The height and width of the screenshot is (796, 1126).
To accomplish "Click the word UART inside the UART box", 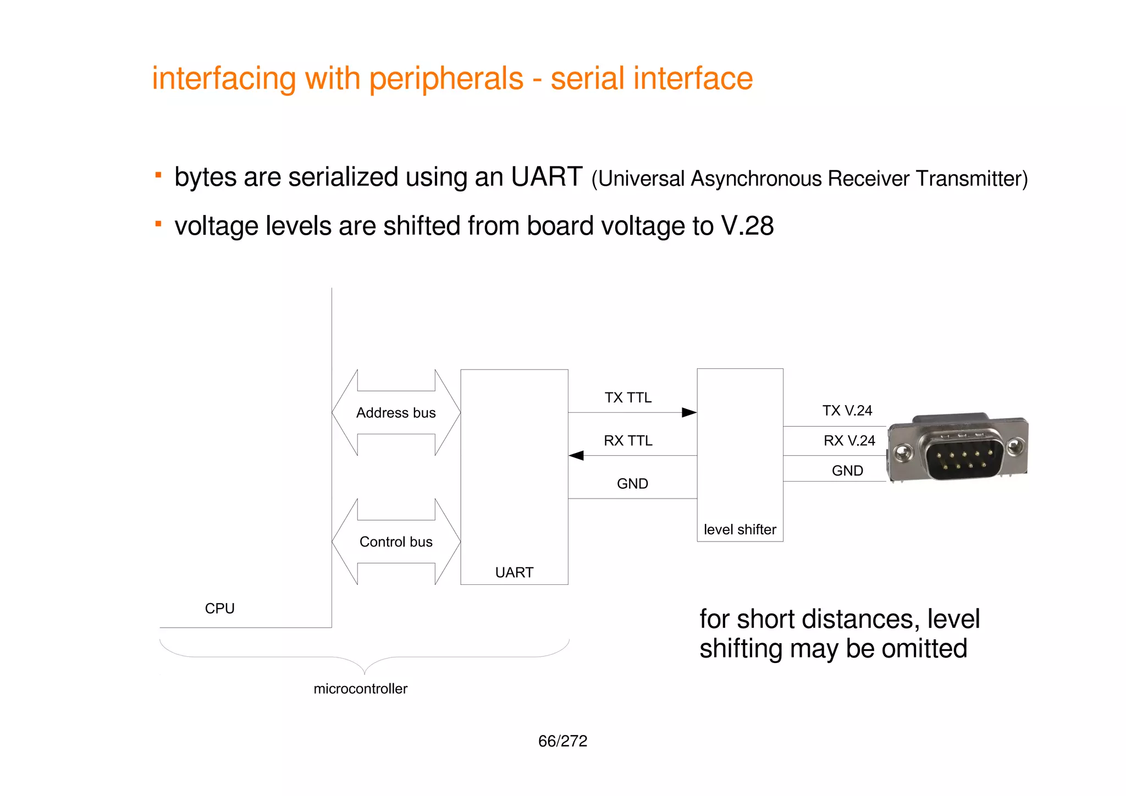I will (x=514, y=572).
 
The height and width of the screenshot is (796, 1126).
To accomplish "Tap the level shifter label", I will (x=739, y=529).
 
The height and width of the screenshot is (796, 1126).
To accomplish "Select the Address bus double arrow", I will (x=396, y=412).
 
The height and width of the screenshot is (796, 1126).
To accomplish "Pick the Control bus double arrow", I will (x=396, y=541).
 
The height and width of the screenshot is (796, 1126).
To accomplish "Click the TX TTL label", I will (x=628, y=397).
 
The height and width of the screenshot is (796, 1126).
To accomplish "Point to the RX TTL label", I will (x=628, y=440).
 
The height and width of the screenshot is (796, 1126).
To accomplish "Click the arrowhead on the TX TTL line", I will (x=689, y=412).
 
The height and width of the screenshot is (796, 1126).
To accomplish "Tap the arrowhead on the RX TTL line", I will (x=576, y=455).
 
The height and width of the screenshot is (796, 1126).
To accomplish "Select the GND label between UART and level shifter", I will (x=632, y=484).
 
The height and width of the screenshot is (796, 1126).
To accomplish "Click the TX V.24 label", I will (x=847, y=411).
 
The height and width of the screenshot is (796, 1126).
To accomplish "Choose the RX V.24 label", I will (x=849, y=440).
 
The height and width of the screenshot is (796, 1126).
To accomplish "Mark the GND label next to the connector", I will (x=847, y=471).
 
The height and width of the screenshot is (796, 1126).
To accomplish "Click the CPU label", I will (x=219, y=609).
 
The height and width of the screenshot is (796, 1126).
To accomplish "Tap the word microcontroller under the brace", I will (x=360, y=689).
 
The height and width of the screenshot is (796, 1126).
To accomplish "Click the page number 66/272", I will (x=562, y=741).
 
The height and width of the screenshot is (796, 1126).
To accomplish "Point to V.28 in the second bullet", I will (x=747, y=226).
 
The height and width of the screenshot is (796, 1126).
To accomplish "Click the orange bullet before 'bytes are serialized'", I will (x=158, y=175).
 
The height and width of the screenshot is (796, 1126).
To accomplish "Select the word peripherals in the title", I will (x=446, y=79).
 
